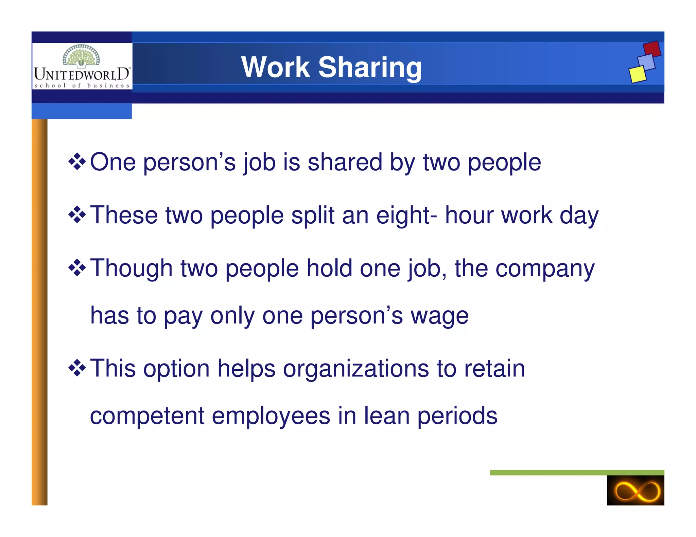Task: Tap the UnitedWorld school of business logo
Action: coord(82,67)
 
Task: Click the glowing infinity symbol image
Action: coord(635,490)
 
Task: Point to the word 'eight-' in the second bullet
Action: coord(406,215)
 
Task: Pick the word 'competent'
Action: coord(147,416)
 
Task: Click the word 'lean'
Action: coord(386,416)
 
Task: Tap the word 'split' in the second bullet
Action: coord(313,215)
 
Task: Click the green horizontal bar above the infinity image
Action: coord(577,473)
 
